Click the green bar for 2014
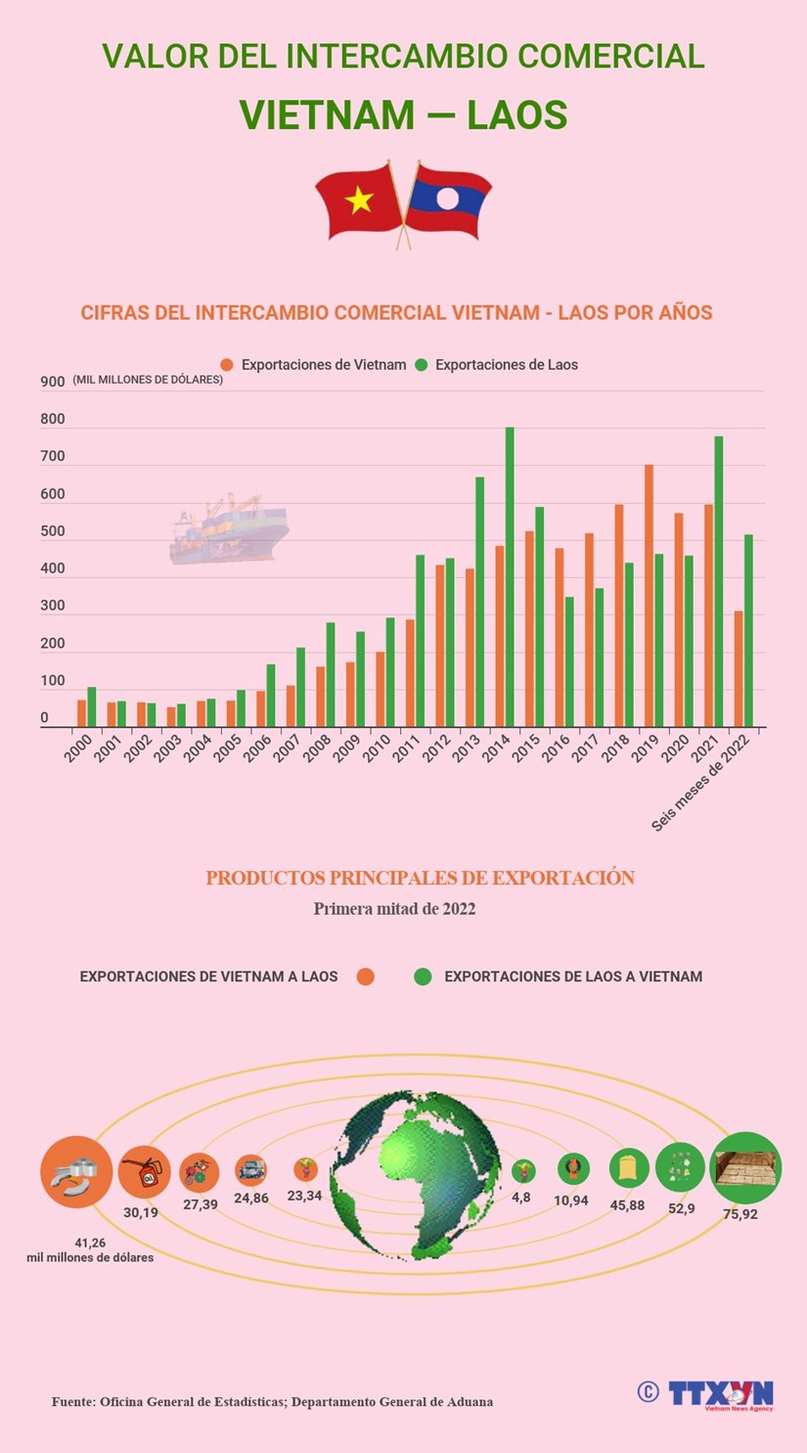pos(510,577)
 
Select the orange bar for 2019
pos(649,596)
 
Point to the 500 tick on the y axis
pos(53,532)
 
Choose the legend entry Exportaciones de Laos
pos(506,365)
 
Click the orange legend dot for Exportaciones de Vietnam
pos(227,365)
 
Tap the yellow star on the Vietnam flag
pos(359,201)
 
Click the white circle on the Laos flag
pos(447,200)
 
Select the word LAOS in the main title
pos(517,115)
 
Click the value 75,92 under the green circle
pos(739,1214)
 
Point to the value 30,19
pos(139,1212)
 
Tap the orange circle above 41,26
pos(76,1171)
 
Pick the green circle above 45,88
pos(629,1168)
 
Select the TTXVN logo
pos(720,1393)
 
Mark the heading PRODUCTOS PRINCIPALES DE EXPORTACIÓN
pos(420,878)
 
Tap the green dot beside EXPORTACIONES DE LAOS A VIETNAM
pos(423,976)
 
